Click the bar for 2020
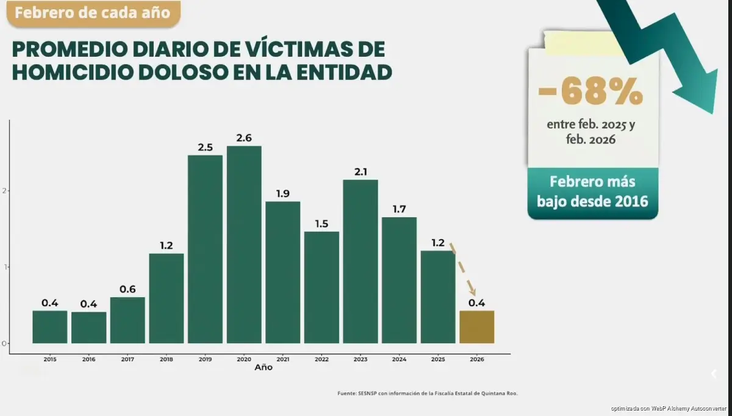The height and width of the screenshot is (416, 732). pos(244,244)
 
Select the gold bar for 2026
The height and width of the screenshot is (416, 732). pos(476,327)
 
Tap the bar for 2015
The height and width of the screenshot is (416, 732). pos(50,327)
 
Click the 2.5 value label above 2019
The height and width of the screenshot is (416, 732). pos(205,148)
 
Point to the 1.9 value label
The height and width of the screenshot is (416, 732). pos(282,193)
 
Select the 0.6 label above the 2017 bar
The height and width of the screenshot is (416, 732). pos(127,290)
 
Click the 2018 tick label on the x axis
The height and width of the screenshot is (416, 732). pos(166,360)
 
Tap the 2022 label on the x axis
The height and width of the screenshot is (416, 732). pos(321,360)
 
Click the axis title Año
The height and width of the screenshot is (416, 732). pos(264,368)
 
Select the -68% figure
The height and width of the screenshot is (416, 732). pos(590,92)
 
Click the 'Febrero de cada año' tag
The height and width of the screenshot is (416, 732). pos(93,13)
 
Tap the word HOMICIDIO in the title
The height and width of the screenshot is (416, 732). pos(73,72)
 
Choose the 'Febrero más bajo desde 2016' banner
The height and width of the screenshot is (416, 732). pos(592,191)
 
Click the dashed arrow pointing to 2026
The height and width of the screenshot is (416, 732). pos(462,269)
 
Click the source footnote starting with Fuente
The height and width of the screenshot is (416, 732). pos(427,393)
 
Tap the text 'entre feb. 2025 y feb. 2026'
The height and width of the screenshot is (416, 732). pos(591,132)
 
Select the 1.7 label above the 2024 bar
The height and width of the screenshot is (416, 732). pos(399,209)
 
